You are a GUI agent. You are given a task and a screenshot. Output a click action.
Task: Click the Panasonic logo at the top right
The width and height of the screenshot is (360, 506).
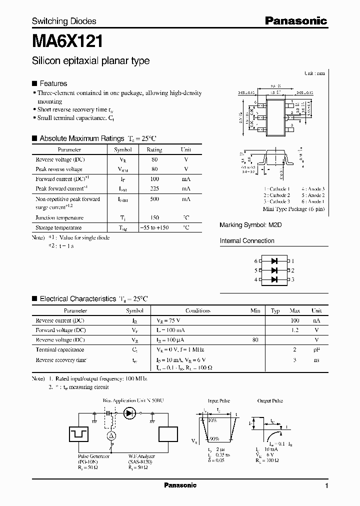295,20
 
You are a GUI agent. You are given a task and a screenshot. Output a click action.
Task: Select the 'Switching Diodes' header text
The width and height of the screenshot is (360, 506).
64,21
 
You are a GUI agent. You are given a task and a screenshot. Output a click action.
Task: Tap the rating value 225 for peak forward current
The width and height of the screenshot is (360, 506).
154,188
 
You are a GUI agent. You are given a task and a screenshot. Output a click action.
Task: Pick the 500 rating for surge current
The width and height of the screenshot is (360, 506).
154,199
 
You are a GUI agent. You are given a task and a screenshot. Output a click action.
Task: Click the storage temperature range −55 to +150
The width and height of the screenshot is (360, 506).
154,227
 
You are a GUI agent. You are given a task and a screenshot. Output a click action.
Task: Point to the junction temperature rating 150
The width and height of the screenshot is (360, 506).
154,217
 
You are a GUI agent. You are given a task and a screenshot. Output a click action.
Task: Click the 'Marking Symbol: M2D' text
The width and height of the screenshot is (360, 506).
250,225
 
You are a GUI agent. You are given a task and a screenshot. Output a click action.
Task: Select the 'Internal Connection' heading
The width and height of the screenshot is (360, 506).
247,241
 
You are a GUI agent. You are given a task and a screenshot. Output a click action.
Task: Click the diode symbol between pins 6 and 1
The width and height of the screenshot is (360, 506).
274,261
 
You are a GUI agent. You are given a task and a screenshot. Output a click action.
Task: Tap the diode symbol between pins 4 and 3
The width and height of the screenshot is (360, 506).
274,279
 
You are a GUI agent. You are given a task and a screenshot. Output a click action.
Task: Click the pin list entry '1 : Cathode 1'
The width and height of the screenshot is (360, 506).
276,188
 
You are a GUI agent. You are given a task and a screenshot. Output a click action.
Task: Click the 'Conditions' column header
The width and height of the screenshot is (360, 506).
197,310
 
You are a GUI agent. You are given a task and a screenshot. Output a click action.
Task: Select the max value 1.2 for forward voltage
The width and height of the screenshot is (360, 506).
295,330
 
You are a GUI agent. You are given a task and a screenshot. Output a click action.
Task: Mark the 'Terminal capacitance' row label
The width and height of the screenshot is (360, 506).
59,349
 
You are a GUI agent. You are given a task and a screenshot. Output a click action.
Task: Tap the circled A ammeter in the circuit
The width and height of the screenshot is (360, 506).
112,436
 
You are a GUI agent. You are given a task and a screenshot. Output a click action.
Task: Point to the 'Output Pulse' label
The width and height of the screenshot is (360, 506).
270,401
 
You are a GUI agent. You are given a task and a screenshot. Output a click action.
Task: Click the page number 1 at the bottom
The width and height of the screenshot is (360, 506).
326,485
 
